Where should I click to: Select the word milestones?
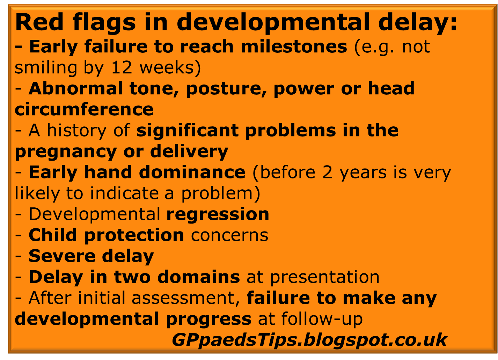click(294, 47)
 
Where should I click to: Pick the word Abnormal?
click(75, 88)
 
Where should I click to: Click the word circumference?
click(84, 109)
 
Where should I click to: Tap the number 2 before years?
click(328, 172)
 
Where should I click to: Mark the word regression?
click(218, 215)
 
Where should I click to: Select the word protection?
click(134, 235)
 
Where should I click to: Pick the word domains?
click(198, 277)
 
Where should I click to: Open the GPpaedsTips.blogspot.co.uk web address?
click(309, 339)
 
